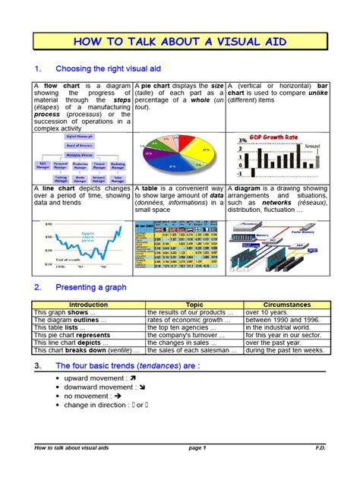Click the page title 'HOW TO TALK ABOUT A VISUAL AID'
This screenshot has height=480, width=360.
point(179,42)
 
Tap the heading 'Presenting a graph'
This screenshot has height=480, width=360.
point(90,287)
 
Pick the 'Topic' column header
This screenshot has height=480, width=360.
point(194,304)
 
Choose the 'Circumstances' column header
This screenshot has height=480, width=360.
point(286,304)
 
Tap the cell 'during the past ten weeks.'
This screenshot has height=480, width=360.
point(286,350)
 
